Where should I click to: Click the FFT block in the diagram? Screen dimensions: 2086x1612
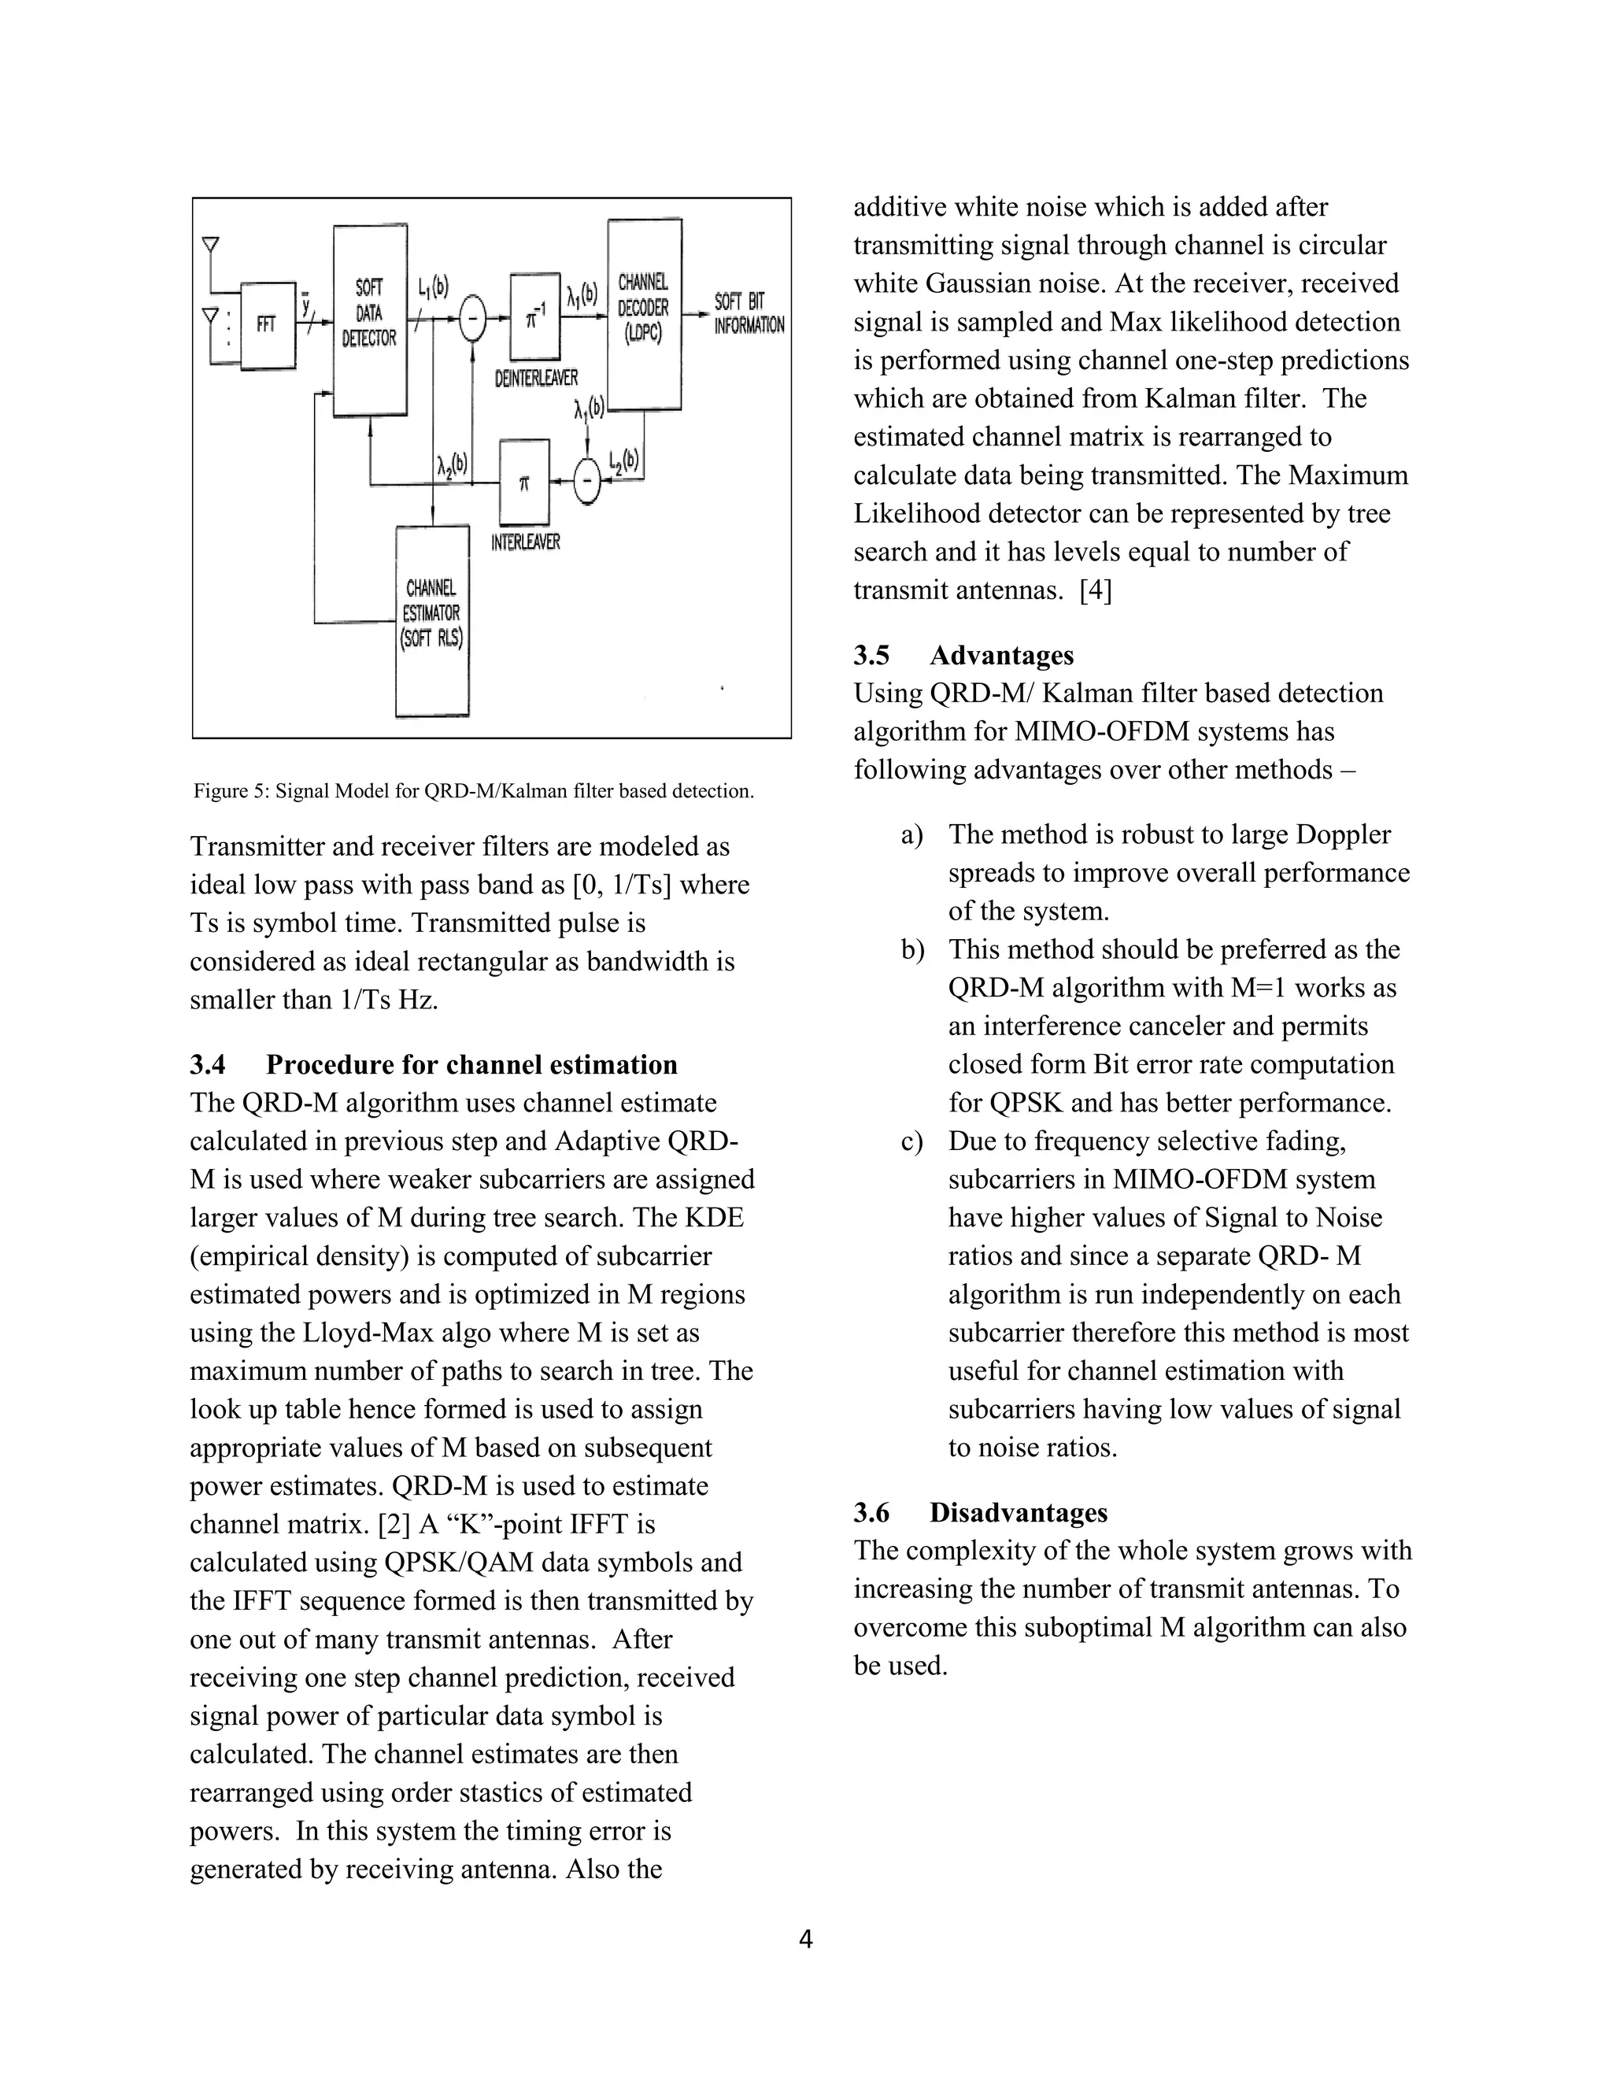tap(267, 325)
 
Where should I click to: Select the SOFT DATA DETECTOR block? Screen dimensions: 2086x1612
tap(370, 319)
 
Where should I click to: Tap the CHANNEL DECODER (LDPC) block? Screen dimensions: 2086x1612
tap(645, 313)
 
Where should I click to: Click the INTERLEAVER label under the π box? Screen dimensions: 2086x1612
tap(525, 542)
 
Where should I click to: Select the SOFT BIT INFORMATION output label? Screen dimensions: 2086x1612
tap(749, 313)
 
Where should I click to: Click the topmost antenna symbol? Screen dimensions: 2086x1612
tap(211, 246)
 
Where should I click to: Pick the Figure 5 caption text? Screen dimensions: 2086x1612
tap(474, 791)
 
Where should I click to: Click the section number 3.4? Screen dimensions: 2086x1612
tap(207, 1065)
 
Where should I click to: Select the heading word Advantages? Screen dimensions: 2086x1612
tap(1001, 655)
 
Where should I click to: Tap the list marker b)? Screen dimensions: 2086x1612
tap(912, 949)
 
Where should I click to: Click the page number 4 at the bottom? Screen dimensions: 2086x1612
tap(805, 1940)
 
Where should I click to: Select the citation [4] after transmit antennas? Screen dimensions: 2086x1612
tap(1096, 590)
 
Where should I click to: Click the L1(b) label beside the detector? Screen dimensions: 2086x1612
tap(433, 287)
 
